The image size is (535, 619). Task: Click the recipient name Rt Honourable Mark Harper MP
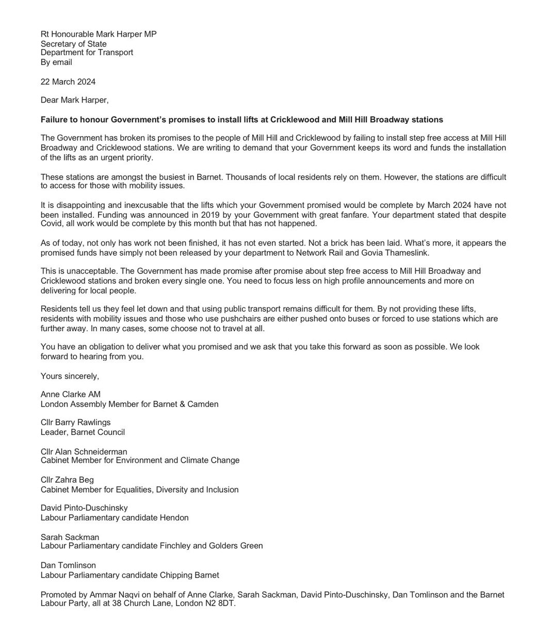pos(98,34)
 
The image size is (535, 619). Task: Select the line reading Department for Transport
pos(87,53)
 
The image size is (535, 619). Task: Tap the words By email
pos(56,62)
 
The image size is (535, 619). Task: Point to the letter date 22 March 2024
pos(68,82)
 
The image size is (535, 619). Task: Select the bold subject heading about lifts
pos(241,120)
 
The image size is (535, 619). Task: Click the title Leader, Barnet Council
pos(83,432)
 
